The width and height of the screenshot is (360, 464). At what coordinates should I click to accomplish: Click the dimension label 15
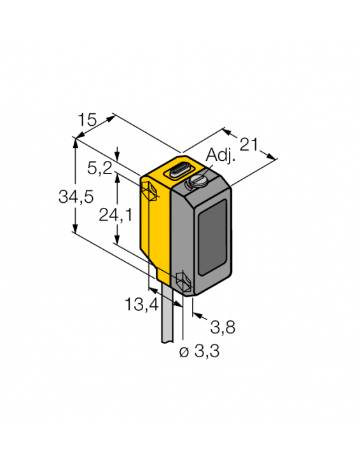(x=87, y=119)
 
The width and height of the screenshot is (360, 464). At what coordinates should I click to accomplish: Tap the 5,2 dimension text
(x=100, y=168)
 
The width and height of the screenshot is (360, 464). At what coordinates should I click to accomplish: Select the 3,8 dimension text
(x=222, y=327)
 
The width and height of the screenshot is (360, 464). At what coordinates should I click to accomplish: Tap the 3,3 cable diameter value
(x=205, y=352)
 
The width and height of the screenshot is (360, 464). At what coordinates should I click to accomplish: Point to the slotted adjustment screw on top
(x=195, y=182)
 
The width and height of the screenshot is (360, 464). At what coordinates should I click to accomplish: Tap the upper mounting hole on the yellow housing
(x=149, y=191)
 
